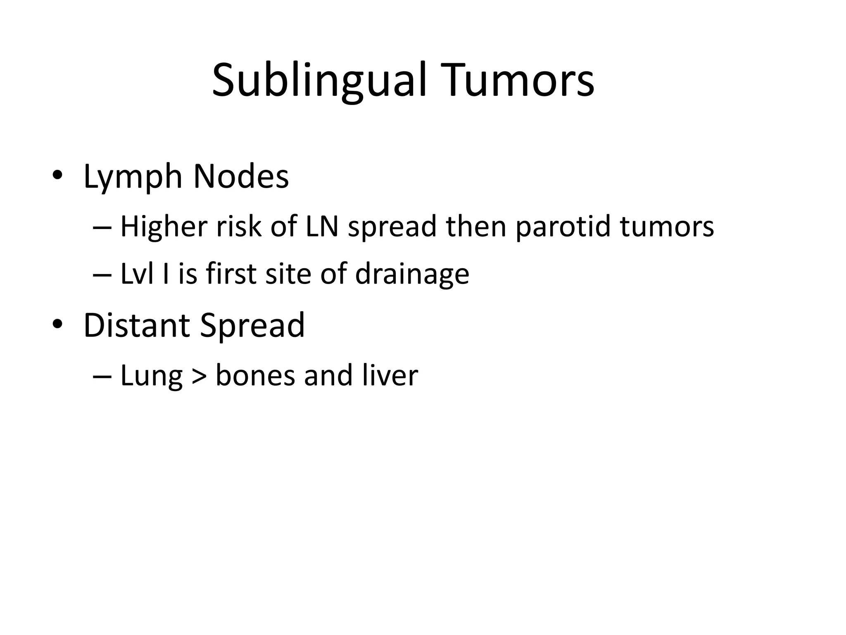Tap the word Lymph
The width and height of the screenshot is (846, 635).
[133, 177]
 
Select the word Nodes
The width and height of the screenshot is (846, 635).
[241, 177]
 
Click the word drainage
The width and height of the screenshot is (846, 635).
[412, 275]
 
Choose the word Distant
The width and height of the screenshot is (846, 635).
[136, 325]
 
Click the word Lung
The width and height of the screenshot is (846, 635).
[151, 376]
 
